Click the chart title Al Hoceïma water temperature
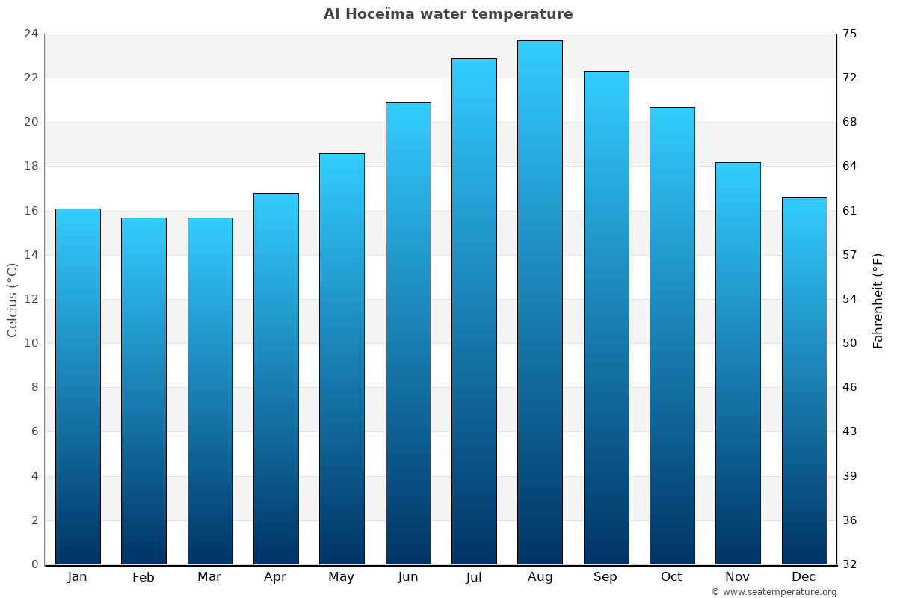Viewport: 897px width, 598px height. click(x=448, y=14)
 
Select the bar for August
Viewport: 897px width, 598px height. click(x=540, y=303)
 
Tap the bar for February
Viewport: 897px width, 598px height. click(x=144, y=391)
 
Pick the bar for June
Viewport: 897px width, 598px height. click(x=408, y=333)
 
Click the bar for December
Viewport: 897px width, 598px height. click(x=804, y=381)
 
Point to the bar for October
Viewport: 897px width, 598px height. click(x=672, y=336)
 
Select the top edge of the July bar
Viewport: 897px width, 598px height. click(x=474, y=59)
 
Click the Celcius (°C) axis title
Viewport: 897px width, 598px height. click(x=13, y=300)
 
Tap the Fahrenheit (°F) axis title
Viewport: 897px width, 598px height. click(x=878, y=300)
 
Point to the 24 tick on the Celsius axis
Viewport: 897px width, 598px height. click(x=31, y=34)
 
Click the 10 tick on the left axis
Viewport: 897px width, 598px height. click(x=31, y=343)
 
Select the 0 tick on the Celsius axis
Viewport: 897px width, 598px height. click(x=34, y=564)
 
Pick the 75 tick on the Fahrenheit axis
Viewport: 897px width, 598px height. click(x=851, y=34)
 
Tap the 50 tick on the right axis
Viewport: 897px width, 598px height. click(x=851, y=343)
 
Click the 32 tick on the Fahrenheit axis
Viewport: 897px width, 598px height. click(x=851, y=564)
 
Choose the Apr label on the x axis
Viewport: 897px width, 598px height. click(x=275, y=577)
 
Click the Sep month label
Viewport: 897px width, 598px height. click(x=605, y=577)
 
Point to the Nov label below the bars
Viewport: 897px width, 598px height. click(x=738, y=577)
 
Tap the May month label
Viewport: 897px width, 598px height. click(x=342, y=577)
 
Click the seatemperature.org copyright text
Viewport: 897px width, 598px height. click(x=774, y=592)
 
